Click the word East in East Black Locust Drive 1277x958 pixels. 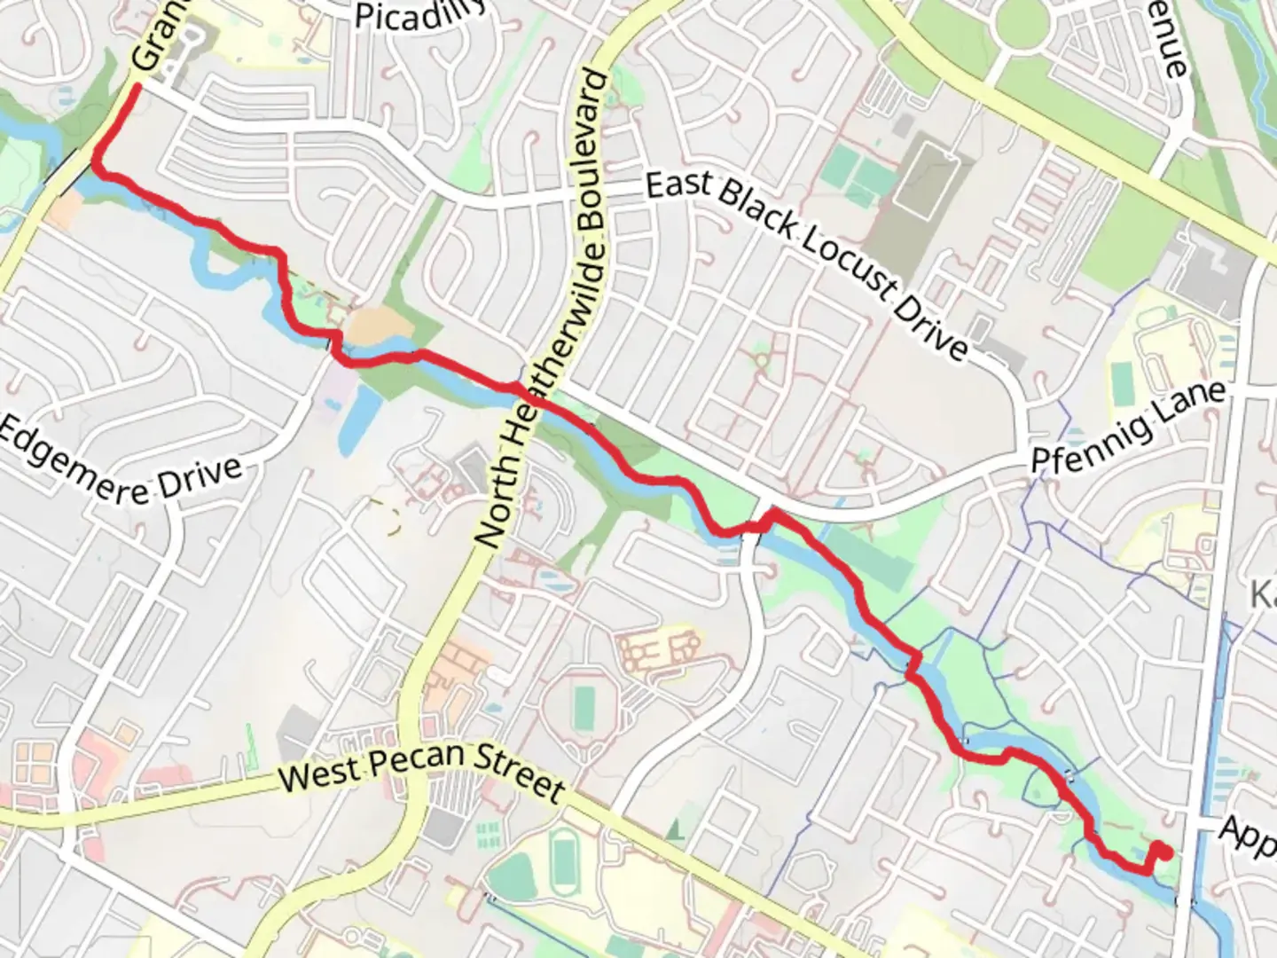678,185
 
